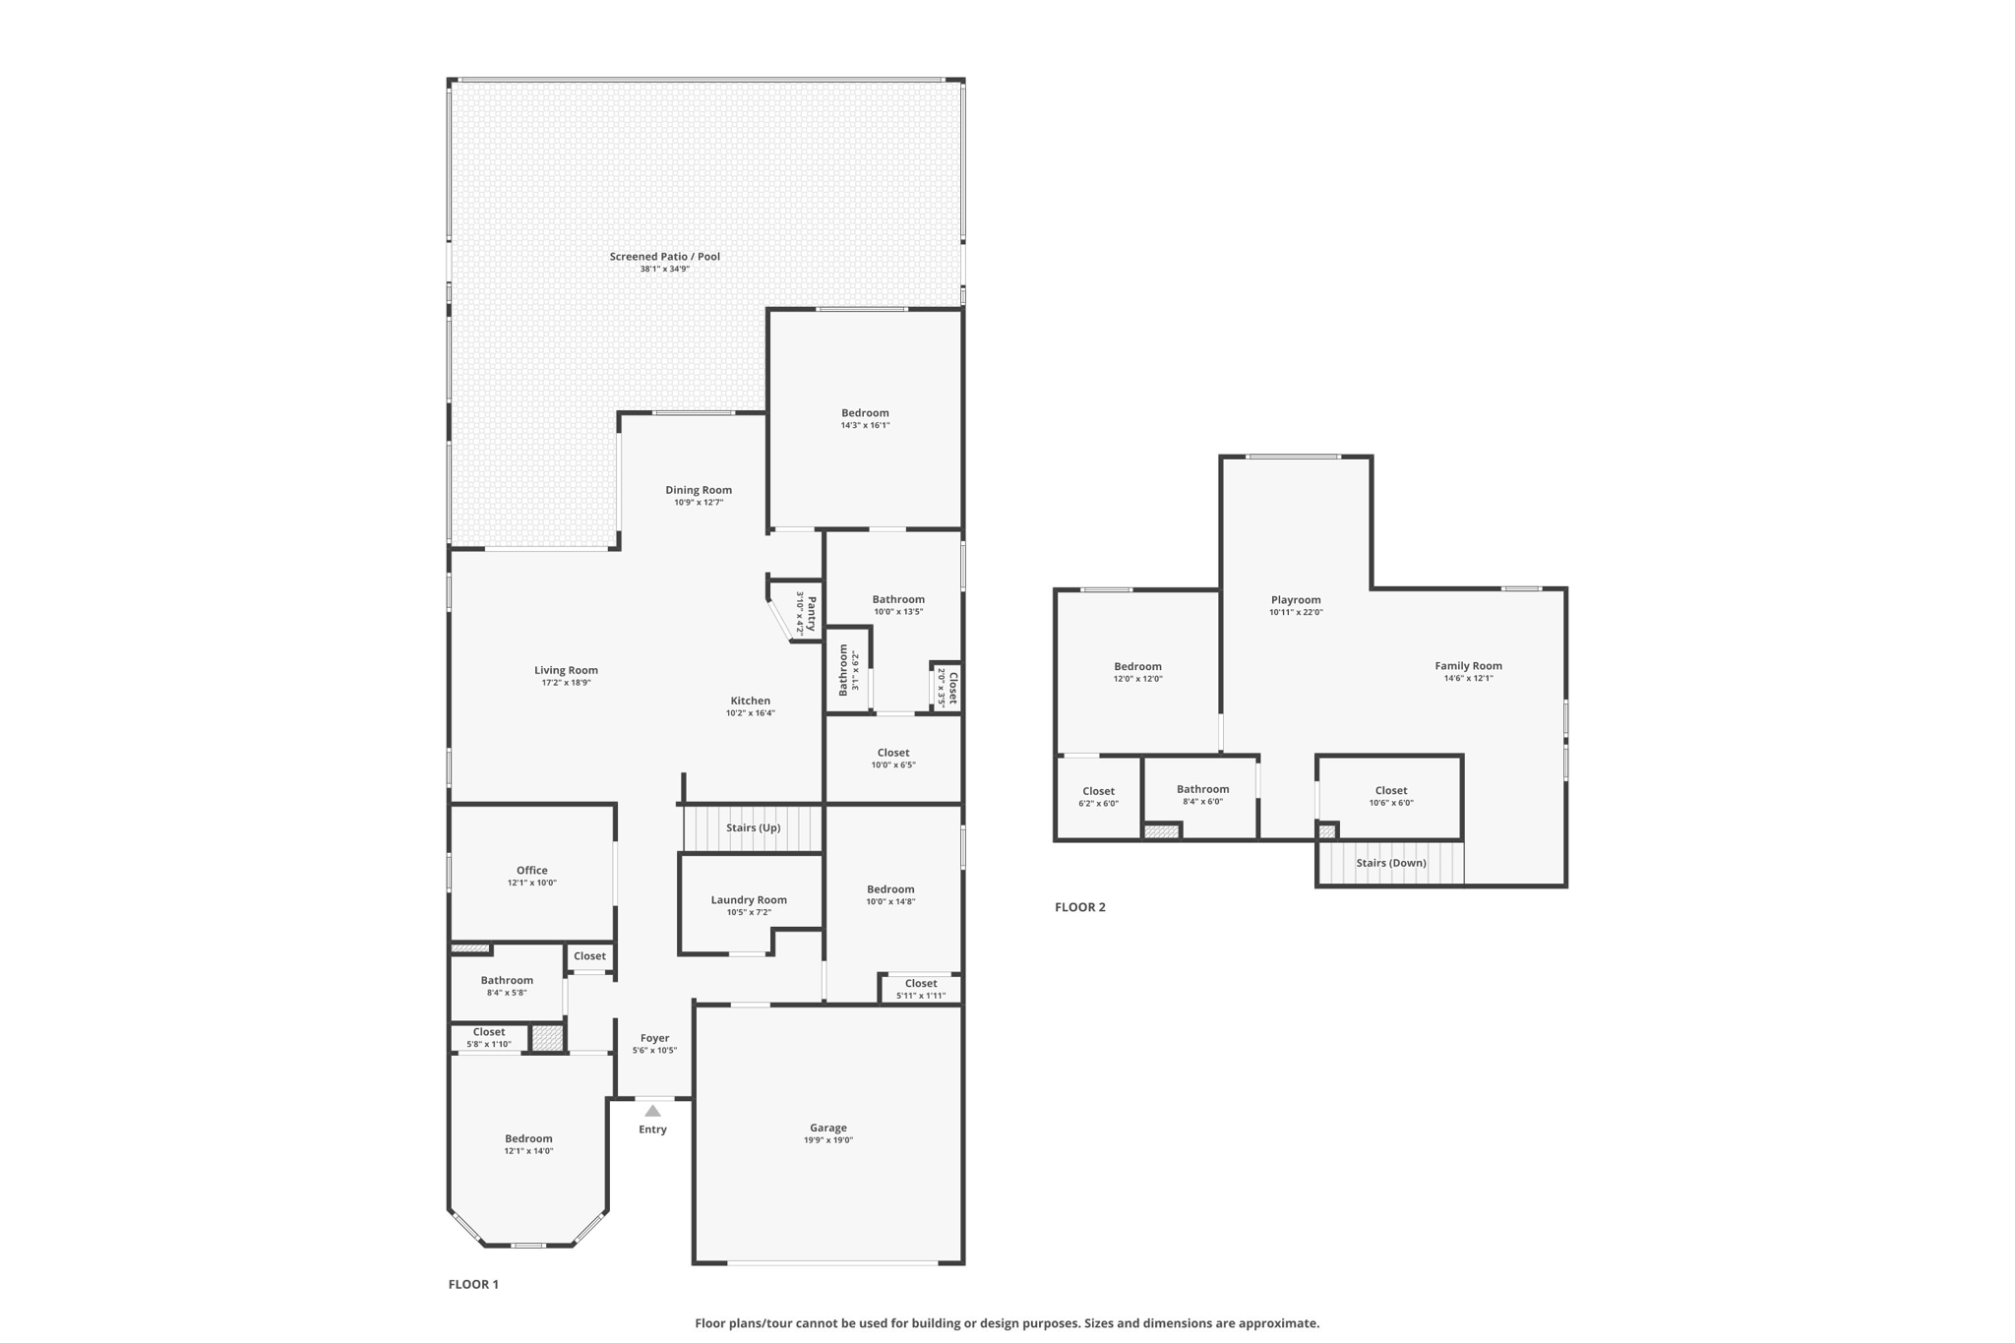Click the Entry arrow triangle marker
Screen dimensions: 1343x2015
pyautogui.click(x=652, y=1111)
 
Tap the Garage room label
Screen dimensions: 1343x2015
pyautogui.click(x=828, y=1128)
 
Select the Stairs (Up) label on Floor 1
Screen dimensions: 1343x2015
pyautogui.click(x=753, y=827)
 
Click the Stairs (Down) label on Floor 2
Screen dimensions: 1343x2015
pyautogui.click(x=1390, y=863)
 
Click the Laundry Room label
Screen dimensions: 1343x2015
pyautogui.click(x=749, y=899)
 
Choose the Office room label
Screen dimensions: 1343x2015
pyautogui.click(x=531, y=870)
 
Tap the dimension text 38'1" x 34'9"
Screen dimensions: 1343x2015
pyautogui.click(x=664, y=269)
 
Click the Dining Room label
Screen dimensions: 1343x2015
pyautogui.click(x=699, y=490)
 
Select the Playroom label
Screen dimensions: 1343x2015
pyautogui.click(x=1296, y=600)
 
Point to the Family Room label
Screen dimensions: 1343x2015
pyautogui.click(x=1468, y=666)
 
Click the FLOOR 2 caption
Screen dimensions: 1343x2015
pyautogui.click(x=1080, y=907)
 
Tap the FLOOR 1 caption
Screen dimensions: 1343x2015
pyautogui.click(x=473, y=1284)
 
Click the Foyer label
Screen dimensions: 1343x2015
pyautogui.click(x=654, y=1038)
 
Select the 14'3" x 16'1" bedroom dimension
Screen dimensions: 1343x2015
pyautogui.click(x=865, y=425)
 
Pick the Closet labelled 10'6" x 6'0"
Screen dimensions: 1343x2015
pyautogui.click(x=1390, y=790)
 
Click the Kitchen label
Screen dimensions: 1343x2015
pyautogui.click(x=750, y=701)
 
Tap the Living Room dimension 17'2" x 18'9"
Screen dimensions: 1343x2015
pyautogui.click(x=566, y=683)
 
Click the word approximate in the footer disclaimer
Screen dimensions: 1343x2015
pyautogui.click(x=1277, y=1323)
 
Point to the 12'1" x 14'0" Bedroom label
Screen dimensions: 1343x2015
pyautogui.click(x=528, y=1138)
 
